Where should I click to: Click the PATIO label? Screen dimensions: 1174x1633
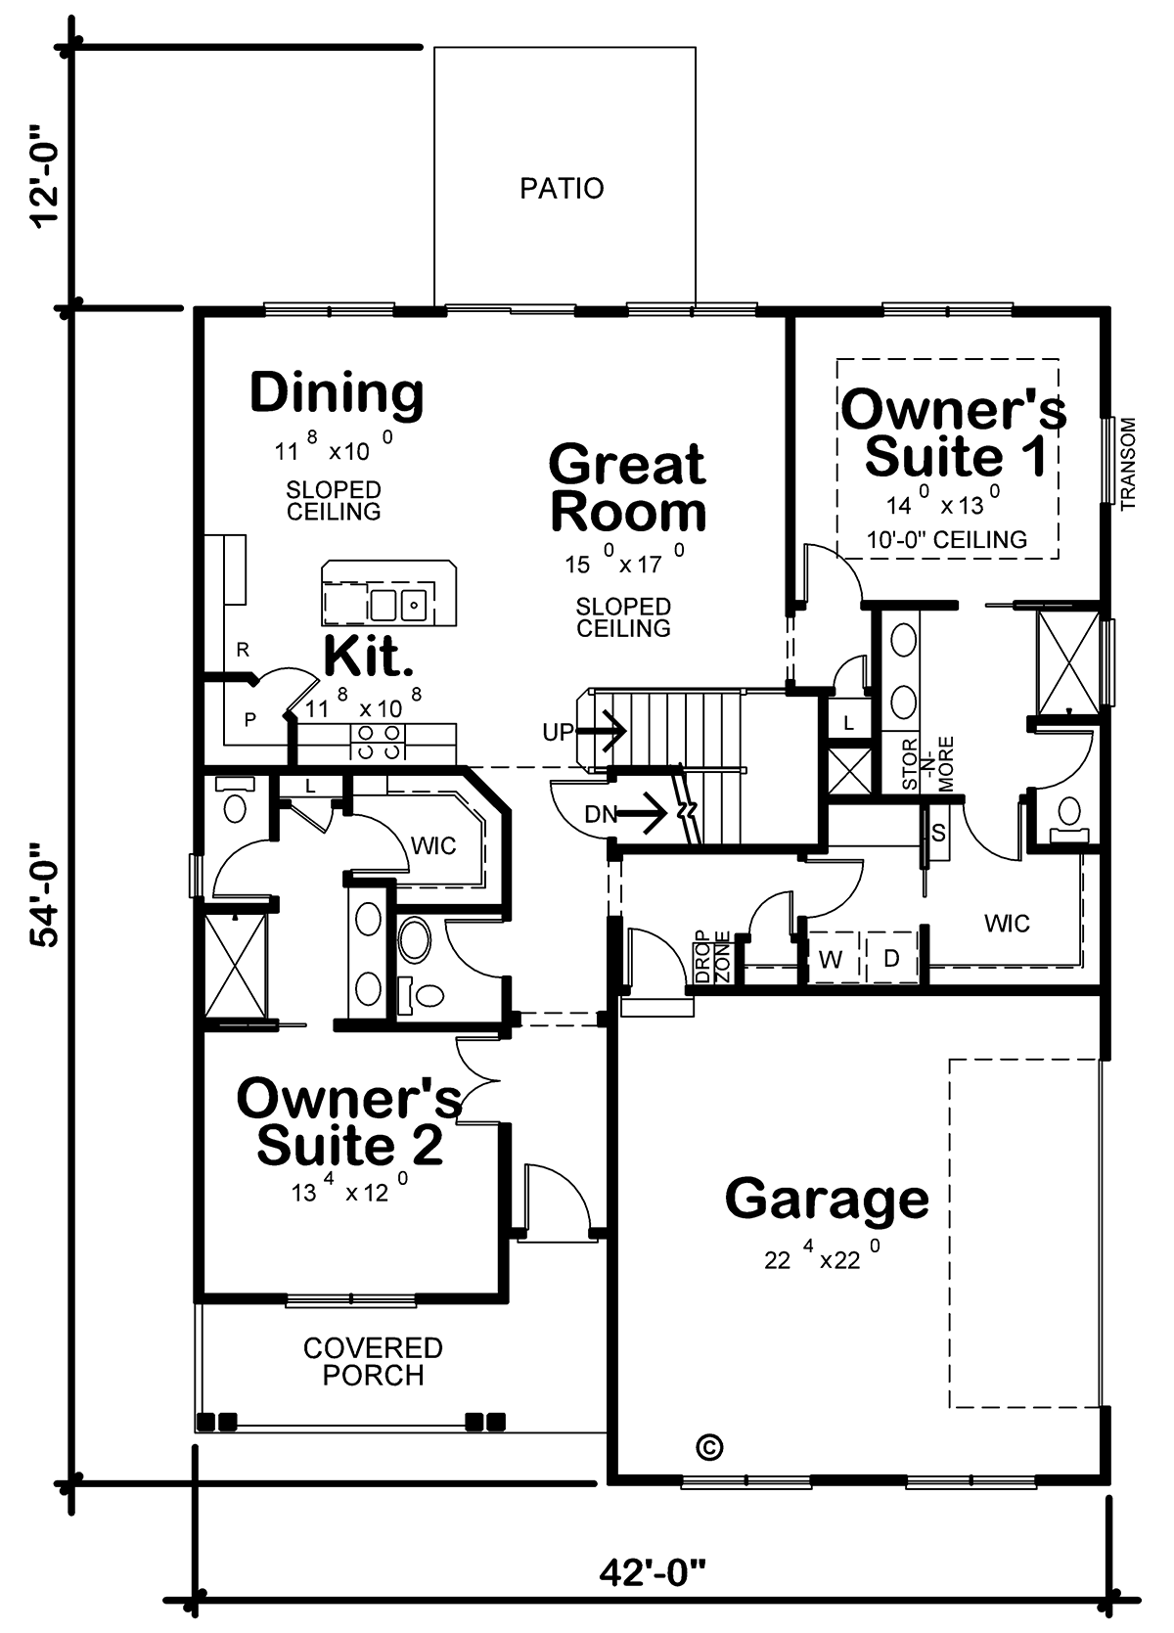tap(562, 189)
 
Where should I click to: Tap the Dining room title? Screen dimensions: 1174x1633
tap(337, 393)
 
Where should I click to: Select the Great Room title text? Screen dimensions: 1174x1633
tap(627, 487)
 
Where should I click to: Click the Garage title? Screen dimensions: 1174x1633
tap(827, 1198)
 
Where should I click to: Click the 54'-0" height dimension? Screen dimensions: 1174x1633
tap(45, 896)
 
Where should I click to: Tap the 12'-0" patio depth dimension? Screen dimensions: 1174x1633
tap(45, 176)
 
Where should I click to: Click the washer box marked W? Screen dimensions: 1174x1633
tap(830, 958)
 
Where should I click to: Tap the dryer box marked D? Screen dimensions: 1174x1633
tap(891, 958)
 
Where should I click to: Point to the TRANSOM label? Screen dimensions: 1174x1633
tap(1127, 464)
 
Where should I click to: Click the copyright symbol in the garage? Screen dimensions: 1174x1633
tap(710, 1447)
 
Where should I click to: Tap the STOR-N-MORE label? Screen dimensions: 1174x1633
tap(926, 763)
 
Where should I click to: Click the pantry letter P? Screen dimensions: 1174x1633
tap(249, 720)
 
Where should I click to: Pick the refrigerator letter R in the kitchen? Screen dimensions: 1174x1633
tap(243, 650)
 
